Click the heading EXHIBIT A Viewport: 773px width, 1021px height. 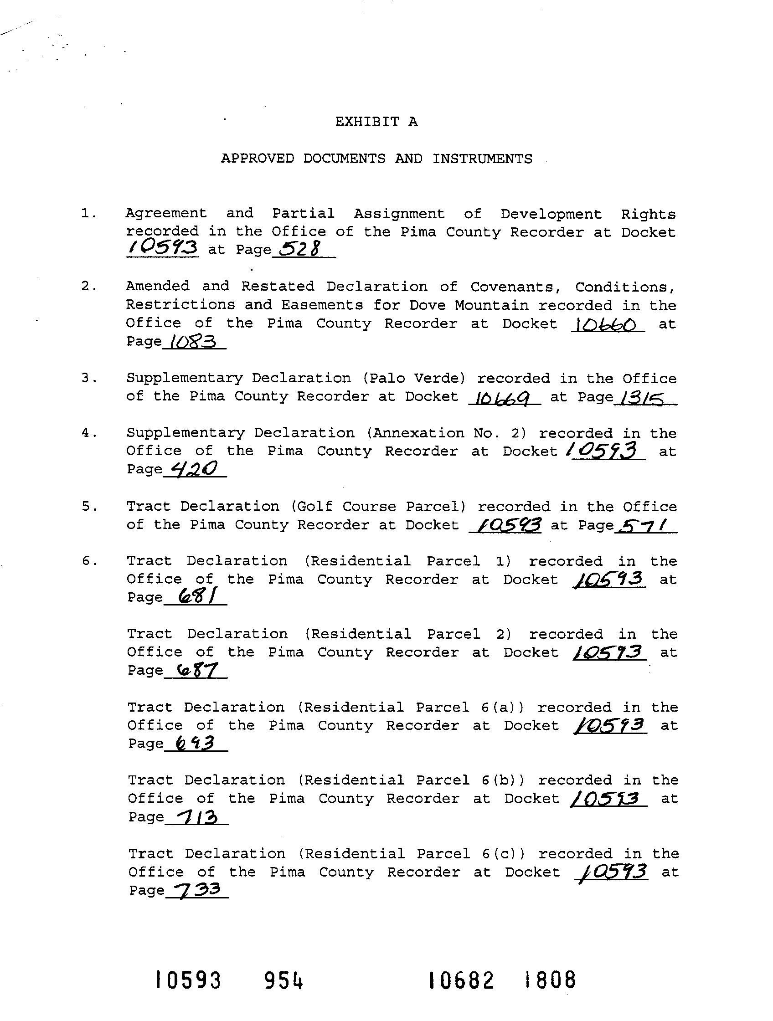point(376,122)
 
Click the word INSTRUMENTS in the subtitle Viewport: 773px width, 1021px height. point(482,159)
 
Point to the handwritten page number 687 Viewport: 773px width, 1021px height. point(194,670)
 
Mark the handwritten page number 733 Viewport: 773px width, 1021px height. point(195,890)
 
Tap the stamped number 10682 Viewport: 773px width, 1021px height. point(461,980)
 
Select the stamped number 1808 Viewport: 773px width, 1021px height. point(551,980)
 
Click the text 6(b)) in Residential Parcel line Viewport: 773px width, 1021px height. point(502,780)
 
